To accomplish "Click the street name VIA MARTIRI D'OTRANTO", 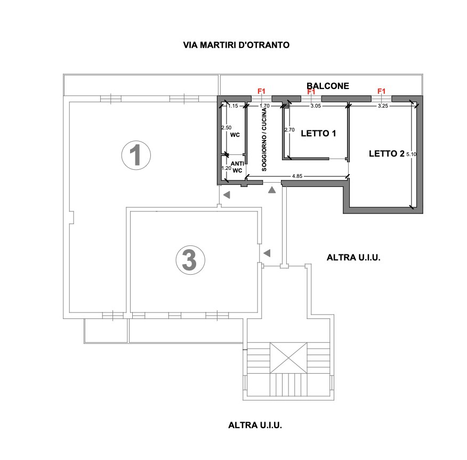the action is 236,45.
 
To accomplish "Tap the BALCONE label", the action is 328,86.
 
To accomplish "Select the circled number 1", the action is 136,155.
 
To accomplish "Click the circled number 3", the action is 190,260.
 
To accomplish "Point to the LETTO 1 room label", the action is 318,133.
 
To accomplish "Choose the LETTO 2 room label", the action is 387,153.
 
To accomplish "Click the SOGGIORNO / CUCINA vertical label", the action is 264,139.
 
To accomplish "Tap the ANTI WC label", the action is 237,167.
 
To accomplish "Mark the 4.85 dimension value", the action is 297,176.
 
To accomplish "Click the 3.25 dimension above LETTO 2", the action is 383,106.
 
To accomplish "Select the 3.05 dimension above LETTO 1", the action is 316,106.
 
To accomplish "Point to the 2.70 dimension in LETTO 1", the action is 289,130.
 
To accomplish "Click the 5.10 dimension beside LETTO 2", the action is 412,154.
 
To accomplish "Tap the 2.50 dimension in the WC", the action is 227,128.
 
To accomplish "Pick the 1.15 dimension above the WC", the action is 233,106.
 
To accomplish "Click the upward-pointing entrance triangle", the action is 272,190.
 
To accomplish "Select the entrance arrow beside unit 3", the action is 267,253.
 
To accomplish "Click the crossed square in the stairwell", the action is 288,358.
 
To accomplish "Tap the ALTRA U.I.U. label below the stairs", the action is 255,425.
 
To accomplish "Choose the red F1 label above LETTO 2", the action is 382,91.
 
